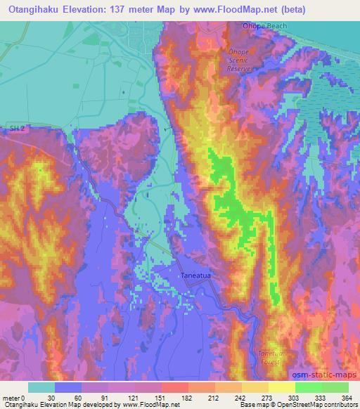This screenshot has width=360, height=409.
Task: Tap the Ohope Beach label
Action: [245, 26]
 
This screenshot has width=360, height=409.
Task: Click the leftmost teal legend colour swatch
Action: [43, 387]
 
